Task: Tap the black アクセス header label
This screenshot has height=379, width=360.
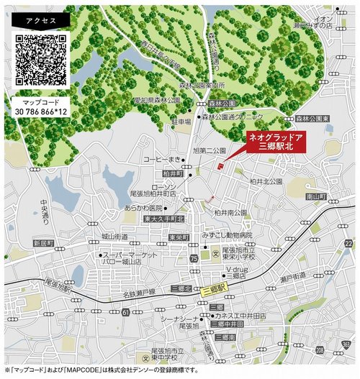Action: point(40,20)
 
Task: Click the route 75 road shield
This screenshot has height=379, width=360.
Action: point(193,257)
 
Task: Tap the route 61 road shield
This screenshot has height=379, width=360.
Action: point(126,312)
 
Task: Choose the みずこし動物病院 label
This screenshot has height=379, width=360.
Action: point(226,234)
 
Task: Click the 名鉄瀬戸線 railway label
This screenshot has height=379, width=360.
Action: point(139,293)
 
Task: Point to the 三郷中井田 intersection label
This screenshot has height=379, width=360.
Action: point(223,325)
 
